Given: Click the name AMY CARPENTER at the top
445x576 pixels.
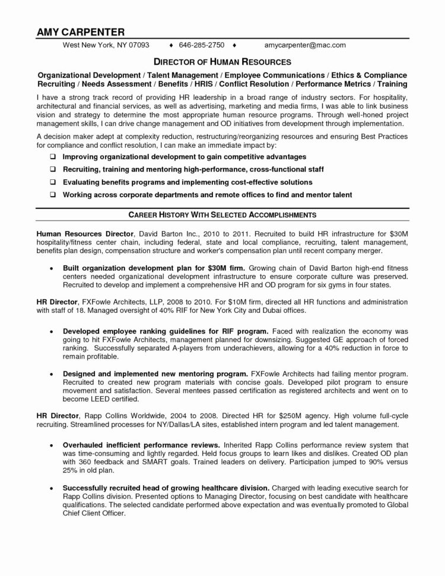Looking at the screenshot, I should pos(80,31).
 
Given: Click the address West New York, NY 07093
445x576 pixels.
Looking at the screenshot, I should pos(107,45).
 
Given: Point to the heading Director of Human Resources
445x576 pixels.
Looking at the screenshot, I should pos(223,62).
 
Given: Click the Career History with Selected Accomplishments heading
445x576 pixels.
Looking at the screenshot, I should pos(223,214).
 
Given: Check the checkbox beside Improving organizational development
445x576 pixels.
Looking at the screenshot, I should pos(53,157).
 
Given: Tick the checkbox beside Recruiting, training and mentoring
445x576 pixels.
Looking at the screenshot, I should pos(53,169).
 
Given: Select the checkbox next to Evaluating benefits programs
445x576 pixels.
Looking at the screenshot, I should pos(53,182).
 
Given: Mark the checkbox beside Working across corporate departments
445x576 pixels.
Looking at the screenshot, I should pos(53,195).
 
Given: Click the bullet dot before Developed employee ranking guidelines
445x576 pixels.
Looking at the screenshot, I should pos(52,330).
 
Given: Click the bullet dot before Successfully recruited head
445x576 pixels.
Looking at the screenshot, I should pos(52,487).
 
